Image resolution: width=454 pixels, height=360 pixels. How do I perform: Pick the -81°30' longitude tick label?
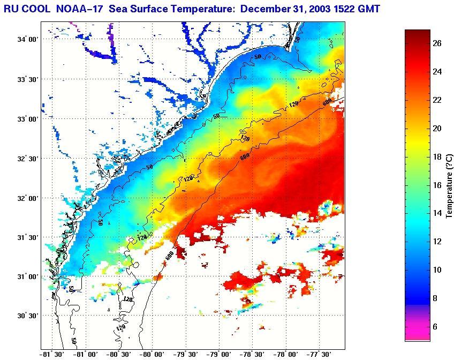tap(52, 354)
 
